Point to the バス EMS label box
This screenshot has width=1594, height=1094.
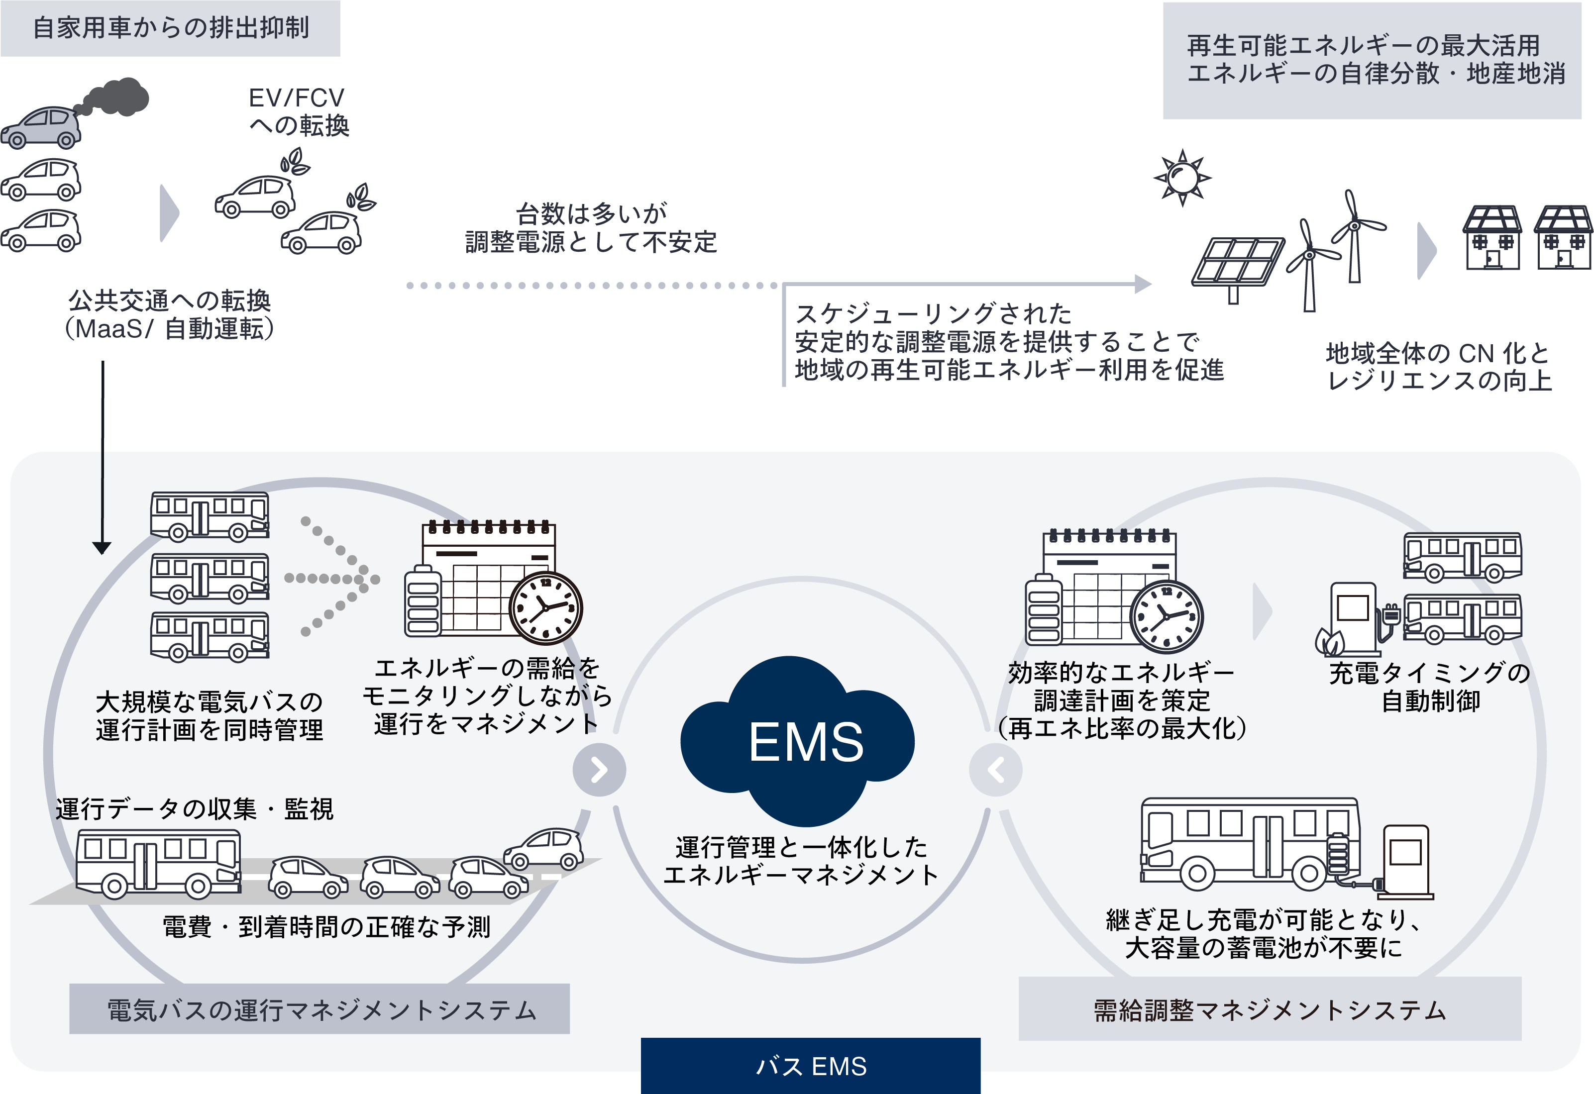pyautogui.click(x=810, y=1066)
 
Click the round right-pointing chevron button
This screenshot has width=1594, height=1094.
pyautogui.click(x=599, y=770)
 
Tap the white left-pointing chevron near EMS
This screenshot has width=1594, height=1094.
pyautogui.click(x=997, y=770)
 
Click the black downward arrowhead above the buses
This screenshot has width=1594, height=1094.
pyautogui.click(x=102, y=548)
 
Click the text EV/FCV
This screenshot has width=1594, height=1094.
pyautogui.click(x=296, y=98)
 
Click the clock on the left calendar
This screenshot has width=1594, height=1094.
pyautogui.click(x=546, y=608)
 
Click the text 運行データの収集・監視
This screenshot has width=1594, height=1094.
pyautogui.click(x=194, y=809)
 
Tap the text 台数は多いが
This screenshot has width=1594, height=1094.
pyautogui.click(x=591, y=214)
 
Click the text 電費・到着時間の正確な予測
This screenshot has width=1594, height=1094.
pyautogui.click(x=326, y=927)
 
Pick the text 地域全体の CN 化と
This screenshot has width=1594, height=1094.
pyautogui.click(x=1437, y=354)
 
